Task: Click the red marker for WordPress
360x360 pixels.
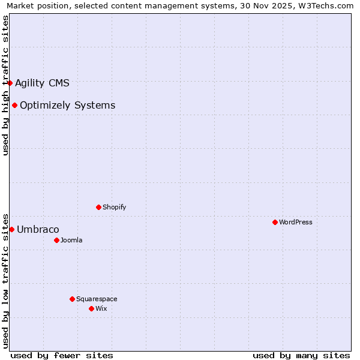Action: (275, 222)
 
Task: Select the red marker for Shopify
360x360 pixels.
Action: (98, 207)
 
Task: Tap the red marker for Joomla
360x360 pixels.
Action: (56, 240)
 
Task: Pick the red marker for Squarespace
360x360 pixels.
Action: (72, 299)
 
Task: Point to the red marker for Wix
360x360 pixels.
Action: (91, 308)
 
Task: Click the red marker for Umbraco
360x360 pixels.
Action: (11, 229)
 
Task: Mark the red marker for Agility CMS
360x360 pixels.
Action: (10, 83)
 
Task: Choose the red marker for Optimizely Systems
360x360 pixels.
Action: (14, 106)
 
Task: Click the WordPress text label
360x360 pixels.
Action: (296, 222)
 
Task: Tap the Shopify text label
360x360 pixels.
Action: (115, 207)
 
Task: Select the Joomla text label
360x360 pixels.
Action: (71, 240)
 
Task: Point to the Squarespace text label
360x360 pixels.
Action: (97, 299)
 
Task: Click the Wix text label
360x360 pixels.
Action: (101, 308)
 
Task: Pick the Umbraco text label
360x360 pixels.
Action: (38, 229)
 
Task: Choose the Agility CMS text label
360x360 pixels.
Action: (42, 83)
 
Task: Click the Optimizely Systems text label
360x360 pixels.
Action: (67, 106)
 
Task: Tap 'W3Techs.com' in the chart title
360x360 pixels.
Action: (326, 5)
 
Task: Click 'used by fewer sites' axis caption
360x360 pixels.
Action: (62, 355)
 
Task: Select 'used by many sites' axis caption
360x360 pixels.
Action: (301, 355)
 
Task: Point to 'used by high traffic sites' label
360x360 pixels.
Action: (5, 85)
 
